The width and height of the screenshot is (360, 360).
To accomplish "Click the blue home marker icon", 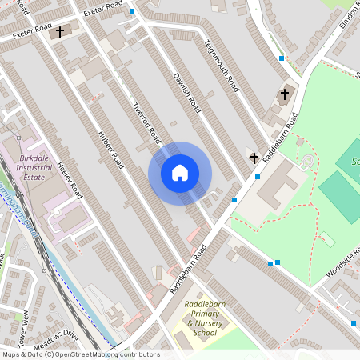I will tap(180, 173).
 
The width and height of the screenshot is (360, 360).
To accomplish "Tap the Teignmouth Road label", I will tap(222, 65).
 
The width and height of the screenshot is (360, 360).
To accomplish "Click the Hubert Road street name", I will tap(110, 150).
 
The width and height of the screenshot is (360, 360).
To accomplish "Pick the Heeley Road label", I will tap(70, 180).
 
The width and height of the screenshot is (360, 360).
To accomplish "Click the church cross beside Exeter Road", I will tap(60, 32).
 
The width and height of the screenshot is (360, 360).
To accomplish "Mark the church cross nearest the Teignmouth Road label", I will tap(284, 94).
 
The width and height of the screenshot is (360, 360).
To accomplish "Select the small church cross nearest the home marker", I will tap(254, 158).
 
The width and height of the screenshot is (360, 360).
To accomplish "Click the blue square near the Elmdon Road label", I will tap(281, 58).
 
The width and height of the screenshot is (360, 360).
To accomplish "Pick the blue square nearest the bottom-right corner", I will tap(353, 323).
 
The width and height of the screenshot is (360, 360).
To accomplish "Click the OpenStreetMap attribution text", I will tap(80, 354).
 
